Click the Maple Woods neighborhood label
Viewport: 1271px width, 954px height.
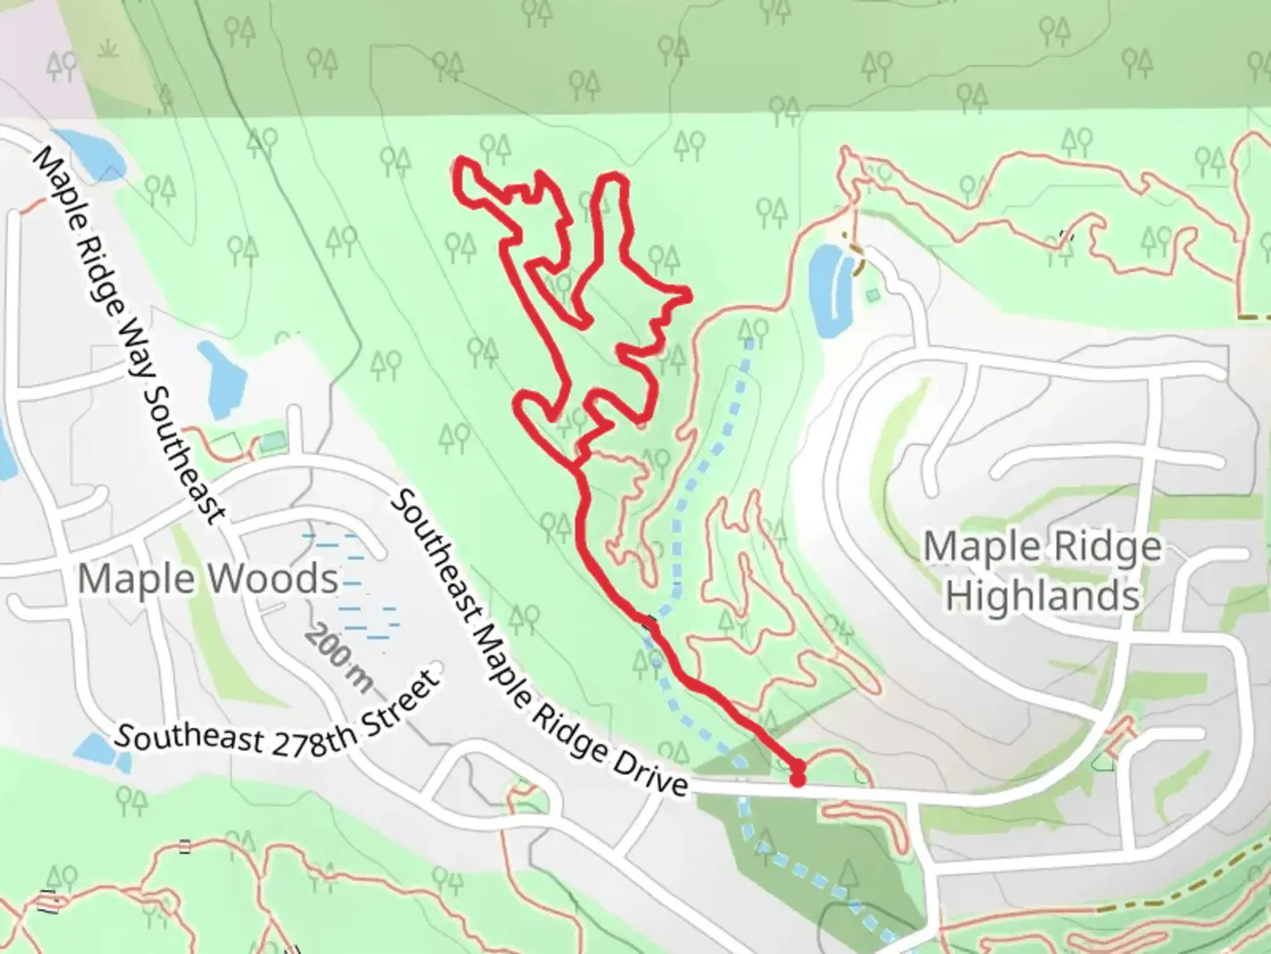(208, 579)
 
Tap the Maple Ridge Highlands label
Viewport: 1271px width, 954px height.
(1042, 571)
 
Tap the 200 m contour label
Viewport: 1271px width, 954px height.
(340, 658)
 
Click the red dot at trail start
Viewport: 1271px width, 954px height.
(797, 778)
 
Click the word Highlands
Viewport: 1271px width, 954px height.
(1042, 595)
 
